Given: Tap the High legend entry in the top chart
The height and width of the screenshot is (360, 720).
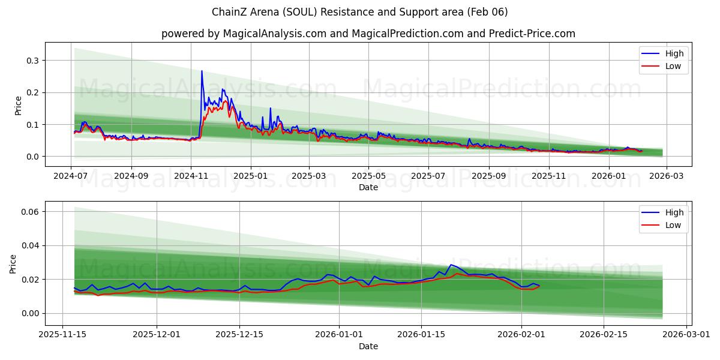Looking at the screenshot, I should (674, 53).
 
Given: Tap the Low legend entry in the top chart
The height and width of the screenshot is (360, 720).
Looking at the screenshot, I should (673, 66).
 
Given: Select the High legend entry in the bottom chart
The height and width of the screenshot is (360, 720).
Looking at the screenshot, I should (674, 212).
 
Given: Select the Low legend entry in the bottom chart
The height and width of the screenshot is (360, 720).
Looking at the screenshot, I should (673, 225).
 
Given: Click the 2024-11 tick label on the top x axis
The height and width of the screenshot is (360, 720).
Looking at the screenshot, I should (191, 176).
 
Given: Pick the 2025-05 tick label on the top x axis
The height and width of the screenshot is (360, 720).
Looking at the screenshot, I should (368, 176).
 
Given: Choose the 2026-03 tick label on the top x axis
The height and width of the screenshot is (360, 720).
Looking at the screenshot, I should (667, 176).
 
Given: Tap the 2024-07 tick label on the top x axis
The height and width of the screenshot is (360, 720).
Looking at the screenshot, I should (71, 176).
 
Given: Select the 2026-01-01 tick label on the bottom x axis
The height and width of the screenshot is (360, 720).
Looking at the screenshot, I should (339, 335).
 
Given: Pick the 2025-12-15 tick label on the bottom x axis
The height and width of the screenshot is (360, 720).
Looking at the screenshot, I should (239, 335).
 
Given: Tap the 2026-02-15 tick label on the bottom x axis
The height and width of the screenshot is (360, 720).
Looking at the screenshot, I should (604, 335).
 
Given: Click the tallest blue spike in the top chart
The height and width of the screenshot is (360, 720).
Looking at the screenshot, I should (202, 71).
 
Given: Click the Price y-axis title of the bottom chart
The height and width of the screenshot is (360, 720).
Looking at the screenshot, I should (14, 263).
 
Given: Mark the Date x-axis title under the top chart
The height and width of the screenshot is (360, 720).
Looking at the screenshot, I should (368, 187).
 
